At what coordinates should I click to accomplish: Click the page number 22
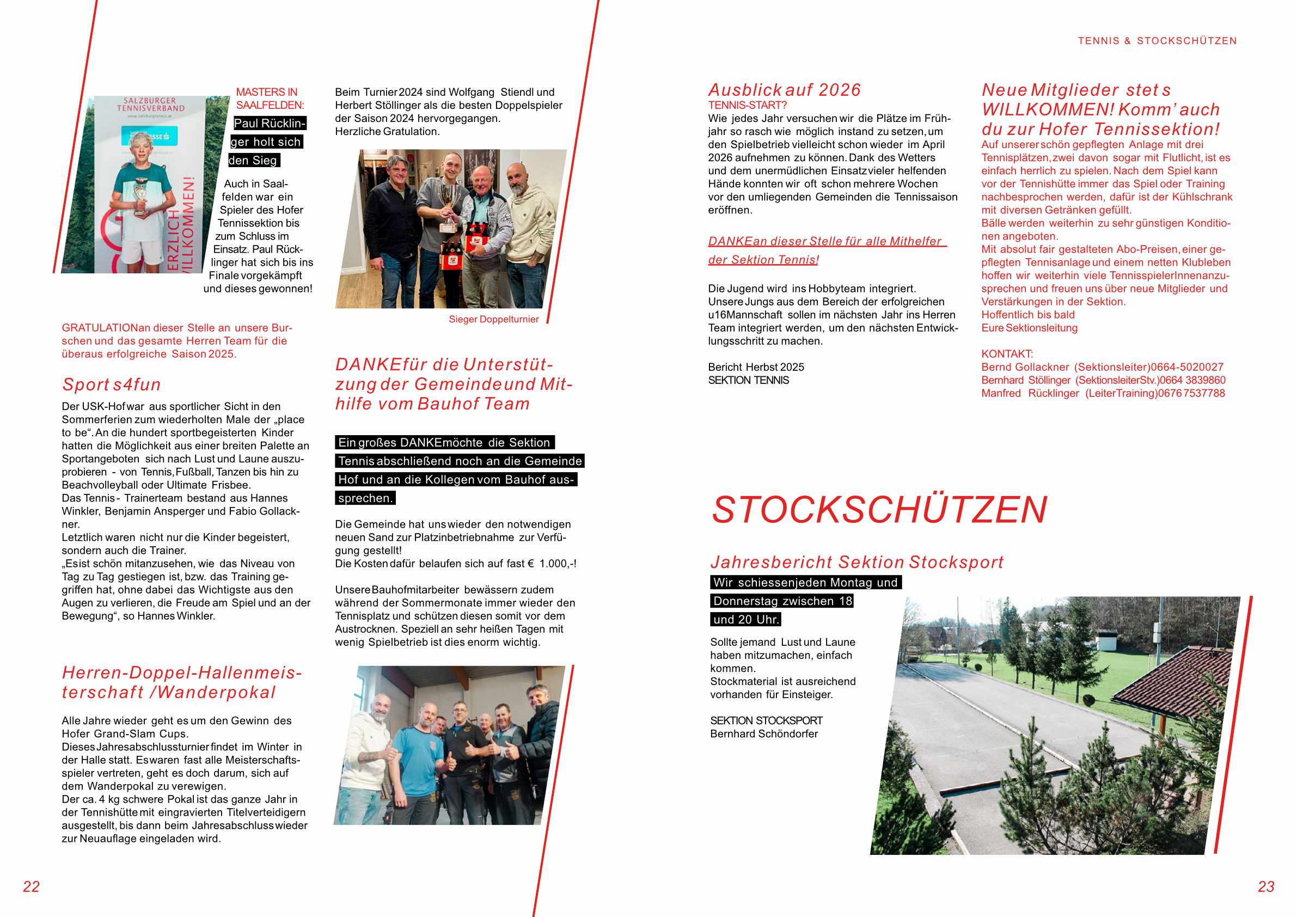pyautogui.click(x=31, y=887)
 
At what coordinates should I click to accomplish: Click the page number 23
pyautogui.click(x=1266, y=887)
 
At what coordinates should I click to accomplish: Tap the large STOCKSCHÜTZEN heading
pyautogui.click(x=879, y=510)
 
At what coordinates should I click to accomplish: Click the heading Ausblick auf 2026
pyautogui.click(x=784, y=90)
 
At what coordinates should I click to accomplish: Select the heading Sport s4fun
pyautogui.click(x=111, y=385)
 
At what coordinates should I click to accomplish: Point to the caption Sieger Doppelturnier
pyautogui.click(x=493, y=319)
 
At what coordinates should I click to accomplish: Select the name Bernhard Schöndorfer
pyautogui.click(x=764, y=734)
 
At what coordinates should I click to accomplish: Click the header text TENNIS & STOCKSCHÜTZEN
pyautogui.click(x=1157, y=41)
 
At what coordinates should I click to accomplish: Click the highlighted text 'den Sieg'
pyautogui.click(x=253, y=161)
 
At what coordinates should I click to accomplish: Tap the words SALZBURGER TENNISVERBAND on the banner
pyautogui.click(x=150, y=105)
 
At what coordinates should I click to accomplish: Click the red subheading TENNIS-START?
pyautogui.click(x=747, y=105)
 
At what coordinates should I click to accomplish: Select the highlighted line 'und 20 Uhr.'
pyautogui.click(x=745, y=620)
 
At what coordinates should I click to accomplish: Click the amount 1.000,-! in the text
pyautogui.click(x=558, y=564)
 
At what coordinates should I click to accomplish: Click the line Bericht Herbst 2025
pyautogui.click(x=756, y=367)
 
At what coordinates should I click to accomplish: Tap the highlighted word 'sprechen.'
pyautogui.click(x=365, y=498)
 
